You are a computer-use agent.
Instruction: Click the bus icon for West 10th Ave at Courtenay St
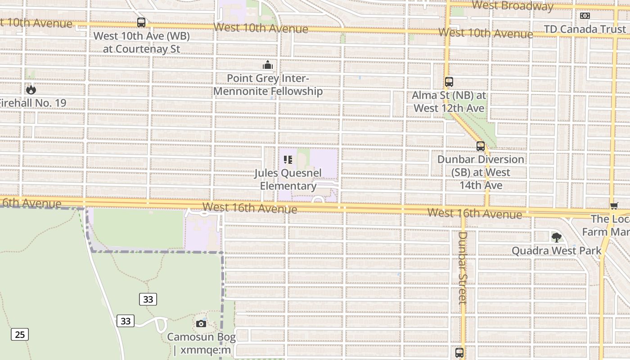click(141, 22)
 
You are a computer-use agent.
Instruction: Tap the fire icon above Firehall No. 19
click(31, 89)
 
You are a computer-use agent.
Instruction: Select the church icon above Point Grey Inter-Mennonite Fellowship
click(268, 65)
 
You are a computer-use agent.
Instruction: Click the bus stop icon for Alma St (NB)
click(449, 82)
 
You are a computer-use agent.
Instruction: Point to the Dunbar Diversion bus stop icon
click(480, 146)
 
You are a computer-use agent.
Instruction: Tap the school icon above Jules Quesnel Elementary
click(288, 160)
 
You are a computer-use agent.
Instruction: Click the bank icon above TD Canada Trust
click(585, 16)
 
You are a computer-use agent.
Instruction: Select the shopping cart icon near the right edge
click(614, 206)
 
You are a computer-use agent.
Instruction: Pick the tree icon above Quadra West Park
click(557, 237)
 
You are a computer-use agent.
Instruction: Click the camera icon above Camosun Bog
click(201, 323)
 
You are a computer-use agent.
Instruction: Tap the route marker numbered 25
click(20, 334)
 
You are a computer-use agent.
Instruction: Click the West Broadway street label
click(513, 6)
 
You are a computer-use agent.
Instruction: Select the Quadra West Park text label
click(557, 251)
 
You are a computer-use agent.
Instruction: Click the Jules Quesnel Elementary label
click(288, 180)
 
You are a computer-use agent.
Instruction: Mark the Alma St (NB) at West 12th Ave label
click(449, 102)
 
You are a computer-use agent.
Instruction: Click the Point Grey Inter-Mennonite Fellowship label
click(268, 85)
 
